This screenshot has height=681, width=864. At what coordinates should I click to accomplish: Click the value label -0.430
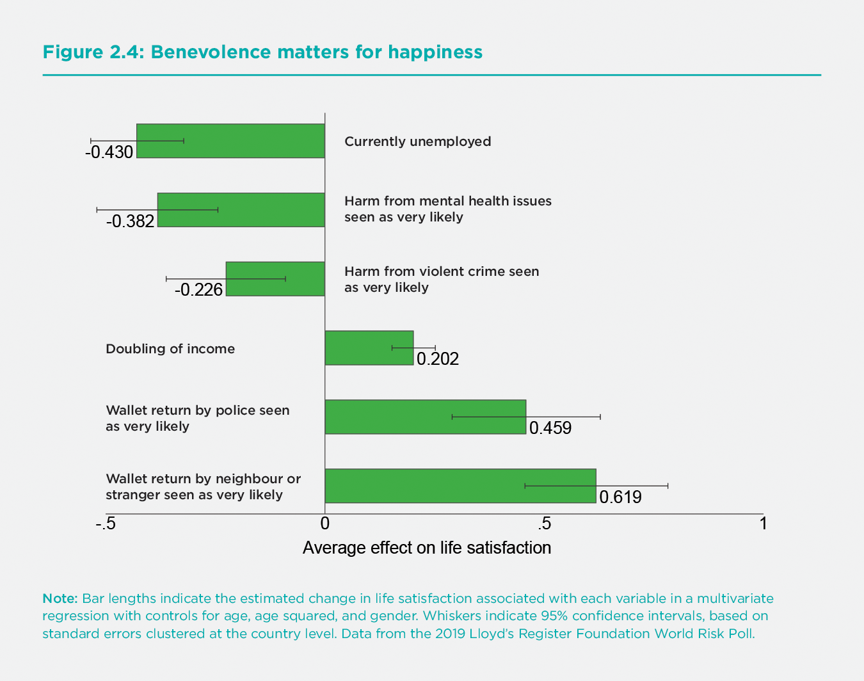(109, 152)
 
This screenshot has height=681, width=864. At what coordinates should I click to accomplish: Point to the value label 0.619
(620, 497)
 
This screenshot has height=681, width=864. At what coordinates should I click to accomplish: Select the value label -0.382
(131, 221)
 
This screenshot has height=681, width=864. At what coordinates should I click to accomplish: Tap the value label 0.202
(438, 359)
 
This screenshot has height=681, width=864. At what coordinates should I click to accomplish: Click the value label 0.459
(550, 428)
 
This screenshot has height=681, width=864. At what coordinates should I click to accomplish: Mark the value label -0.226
(198, 290)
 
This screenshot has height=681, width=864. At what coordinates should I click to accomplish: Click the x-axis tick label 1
(763, 524)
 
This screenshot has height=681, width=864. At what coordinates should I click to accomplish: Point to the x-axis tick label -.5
(106, 524)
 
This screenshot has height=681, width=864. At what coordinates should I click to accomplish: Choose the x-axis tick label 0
(325, 524)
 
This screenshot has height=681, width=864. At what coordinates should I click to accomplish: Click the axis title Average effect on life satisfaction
(427, 548)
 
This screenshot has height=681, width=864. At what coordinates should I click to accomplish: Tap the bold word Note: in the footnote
(60, 598)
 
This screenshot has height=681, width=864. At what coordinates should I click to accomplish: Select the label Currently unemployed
(417, 141)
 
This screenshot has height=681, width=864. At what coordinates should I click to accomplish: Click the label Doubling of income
(170, 349)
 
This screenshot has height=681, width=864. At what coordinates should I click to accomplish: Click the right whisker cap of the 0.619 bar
(668, 486)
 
